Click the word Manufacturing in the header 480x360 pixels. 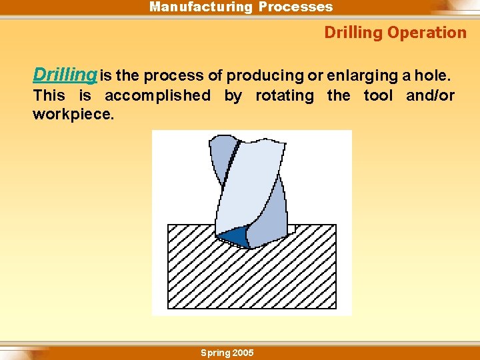(201, 7)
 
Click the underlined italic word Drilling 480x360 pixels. (65, 75)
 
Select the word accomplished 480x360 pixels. (157, 96)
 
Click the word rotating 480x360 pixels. (285, 96)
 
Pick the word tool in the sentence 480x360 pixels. (378, 96)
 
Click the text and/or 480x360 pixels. (430, 96)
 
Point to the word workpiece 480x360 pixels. (73, 114)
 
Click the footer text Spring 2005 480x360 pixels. (227, 353)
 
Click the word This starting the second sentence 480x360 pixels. (49, 96)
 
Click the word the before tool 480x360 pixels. (339, 96)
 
